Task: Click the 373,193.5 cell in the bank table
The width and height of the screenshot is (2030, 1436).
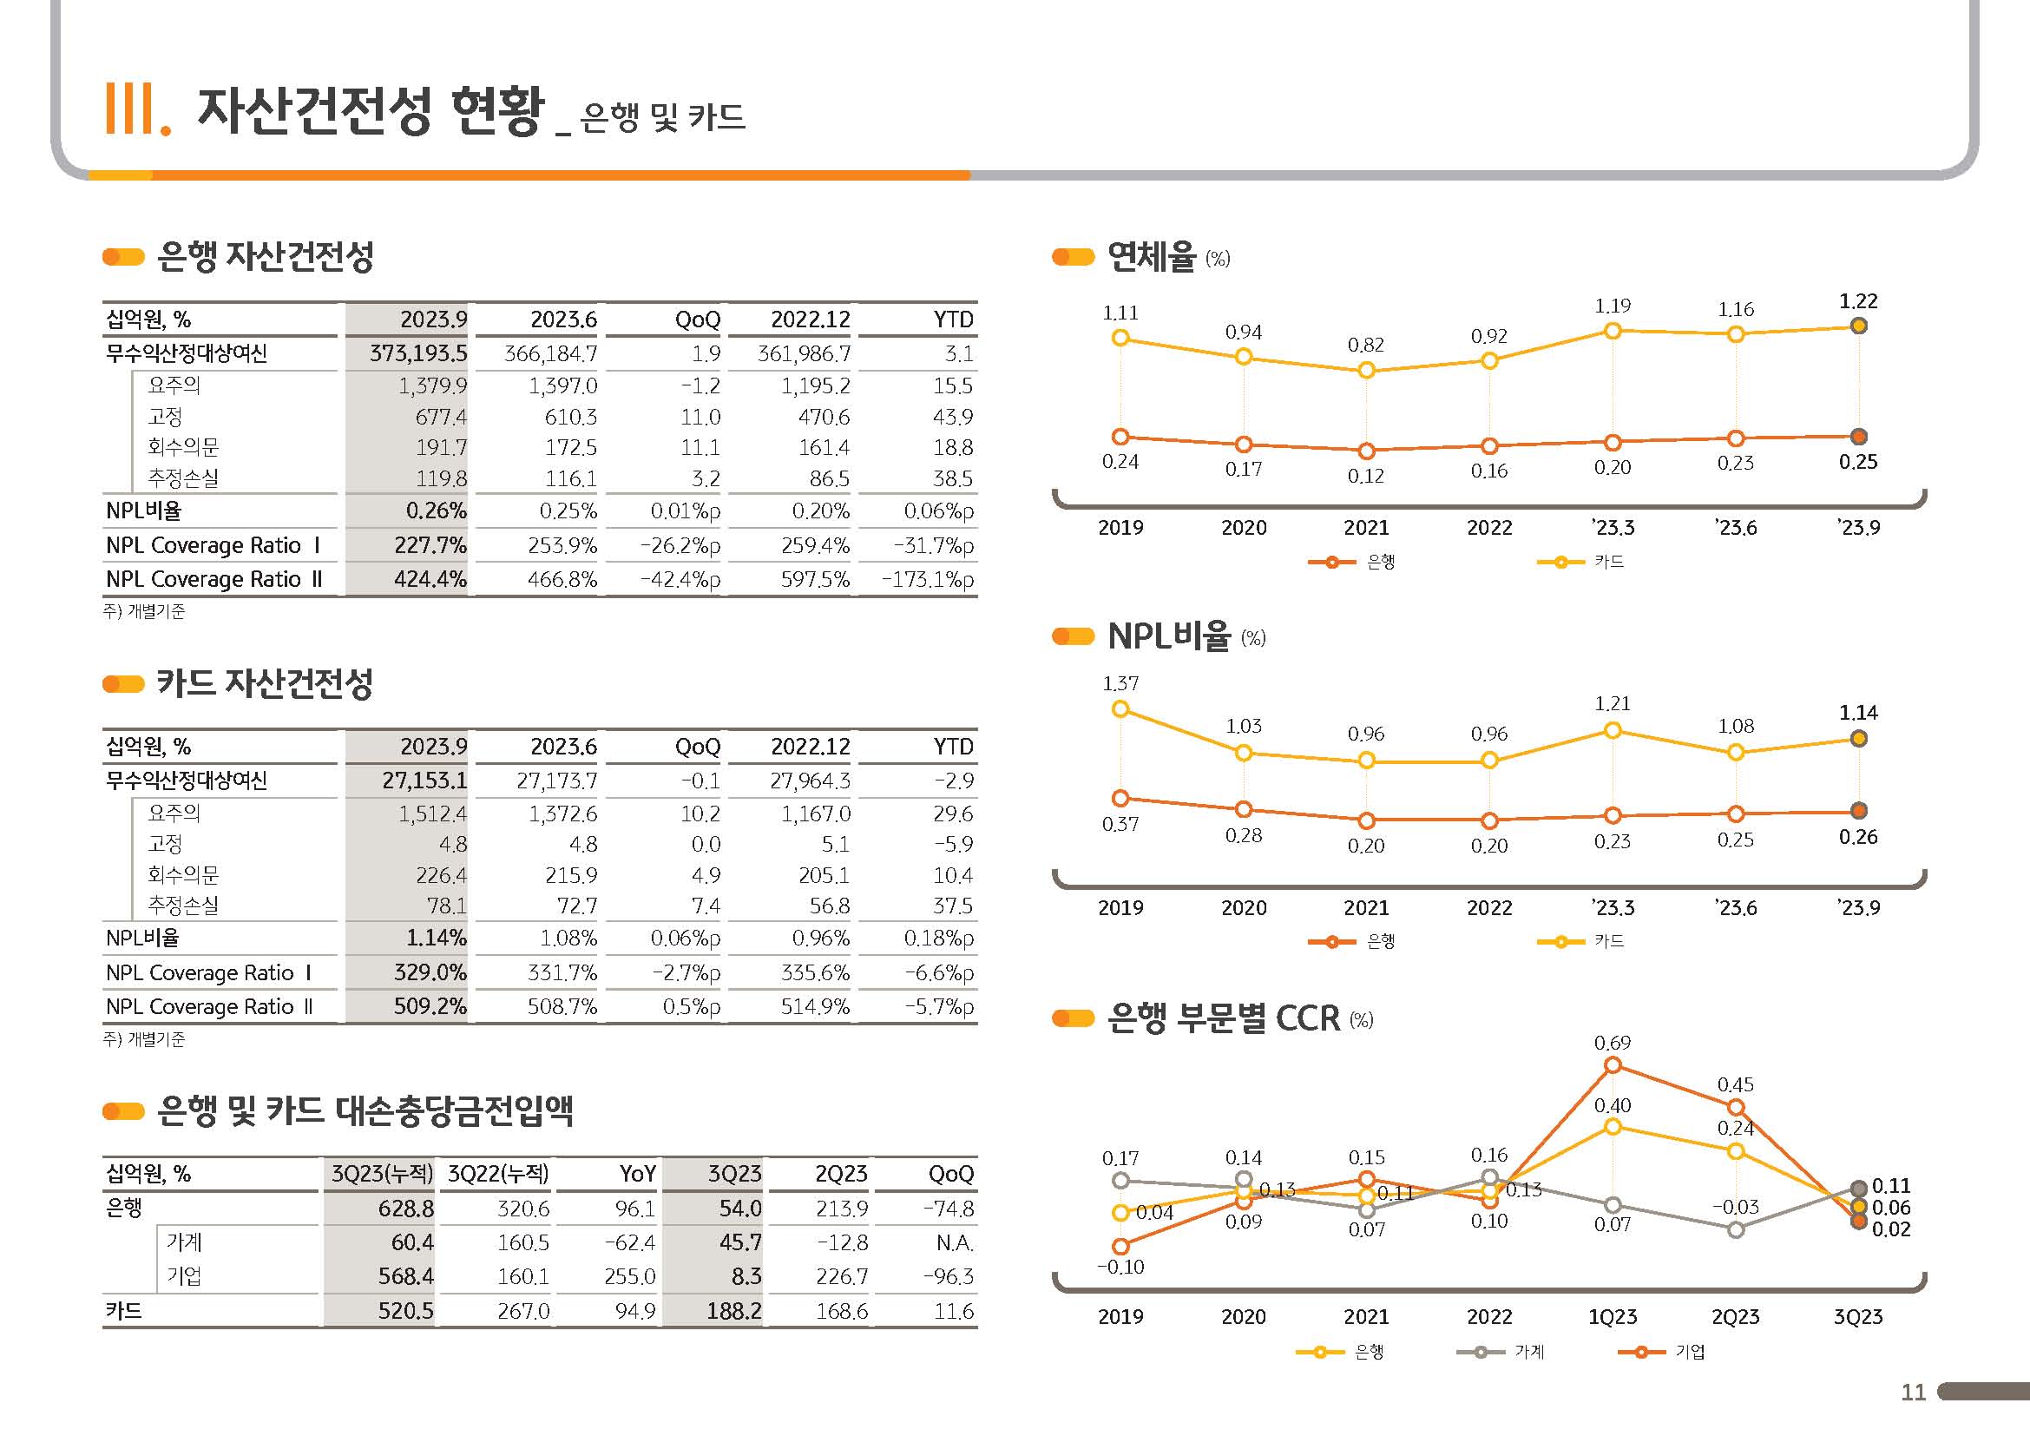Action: tap(418, 353)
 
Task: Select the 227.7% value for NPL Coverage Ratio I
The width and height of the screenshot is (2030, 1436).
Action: tap(430, 545)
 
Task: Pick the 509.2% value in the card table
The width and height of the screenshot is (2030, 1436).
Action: tap(430, 1006)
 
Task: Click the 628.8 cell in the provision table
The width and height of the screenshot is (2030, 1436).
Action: tap(406, 1209)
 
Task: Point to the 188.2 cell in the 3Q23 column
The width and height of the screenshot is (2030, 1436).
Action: tap(734, 1310)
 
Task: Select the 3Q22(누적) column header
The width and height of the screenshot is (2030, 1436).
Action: tap(498, 1175)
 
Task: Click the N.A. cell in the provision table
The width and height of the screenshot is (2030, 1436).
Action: tap(955, 1243)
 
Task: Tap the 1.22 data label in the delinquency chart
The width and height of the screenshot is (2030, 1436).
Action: tap(1858, 301)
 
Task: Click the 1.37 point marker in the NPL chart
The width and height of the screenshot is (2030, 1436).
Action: tap(1120, 709)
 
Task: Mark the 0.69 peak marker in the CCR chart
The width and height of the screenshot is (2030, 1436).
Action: tap(1613, 1065)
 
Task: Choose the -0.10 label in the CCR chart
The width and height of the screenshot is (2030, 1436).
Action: tap(1120, 1267)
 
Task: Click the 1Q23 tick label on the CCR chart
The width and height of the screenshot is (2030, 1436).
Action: tap(1613, 1317)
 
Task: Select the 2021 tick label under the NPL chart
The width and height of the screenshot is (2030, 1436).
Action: tap(1366, 908)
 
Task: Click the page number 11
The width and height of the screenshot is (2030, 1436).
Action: tap(1914, 1393)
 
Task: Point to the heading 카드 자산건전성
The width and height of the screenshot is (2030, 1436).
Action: tap(265, 683)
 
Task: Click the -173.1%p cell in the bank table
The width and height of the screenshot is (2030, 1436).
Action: tap(928, 580)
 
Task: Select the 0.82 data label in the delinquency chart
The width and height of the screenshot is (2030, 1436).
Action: tap(1365, 345)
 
